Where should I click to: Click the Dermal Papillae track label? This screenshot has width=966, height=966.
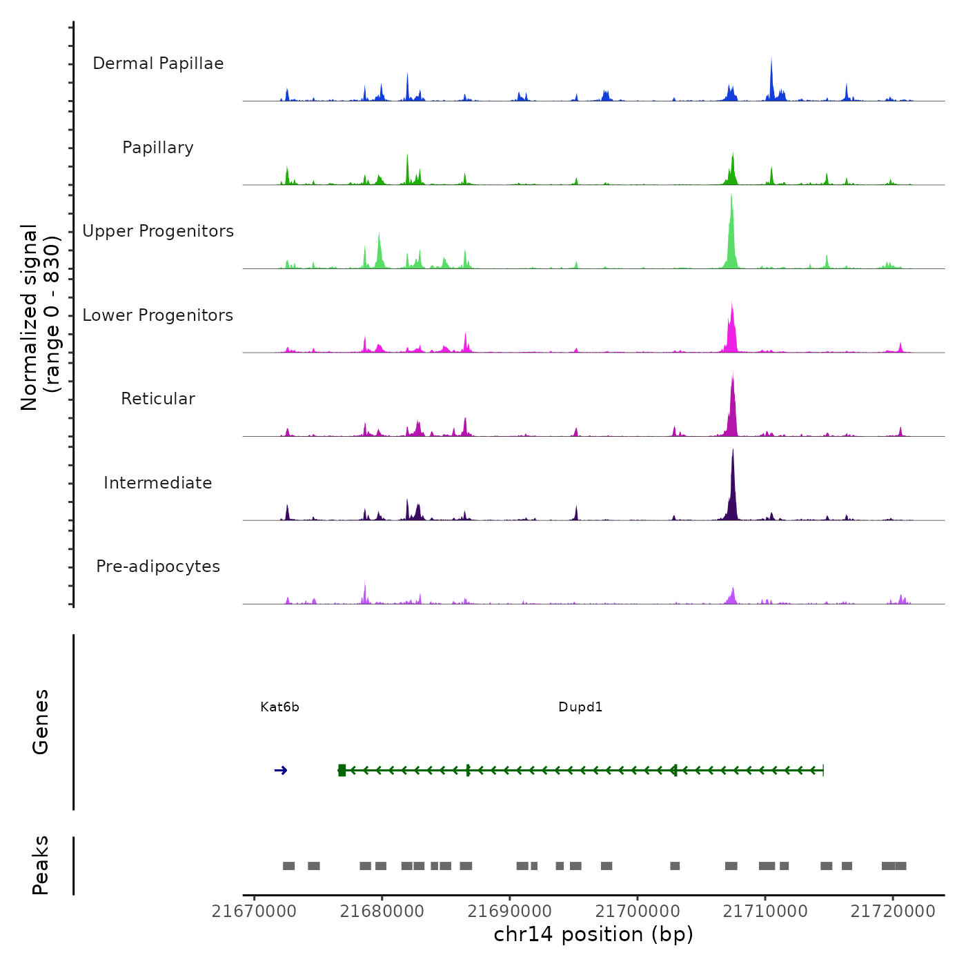pyautogui.click(x=158, y=63)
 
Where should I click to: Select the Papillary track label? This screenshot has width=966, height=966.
pyautogui.click(x=158, y=148)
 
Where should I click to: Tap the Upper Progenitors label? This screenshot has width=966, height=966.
pyautogui.click(x=158, y=231)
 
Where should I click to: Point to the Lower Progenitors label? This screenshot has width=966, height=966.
pyautogui.click(x=158, y=315)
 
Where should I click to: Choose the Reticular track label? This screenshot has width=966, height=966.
pyautogui.click(x=158, y=399)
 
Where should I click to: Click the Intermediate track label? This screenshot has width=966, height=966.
pyautogui.click(x=158, y=483)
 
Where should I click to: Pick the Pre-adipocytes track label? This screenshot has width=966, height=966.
pyautogui.click(x=158, y=566)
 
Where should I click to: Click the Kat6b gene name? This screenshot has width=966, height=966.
pyautogui.click(x=279, y=707)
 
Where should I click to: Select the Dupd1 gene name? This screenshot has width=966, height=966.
pyautogui.click(x=580, y=707)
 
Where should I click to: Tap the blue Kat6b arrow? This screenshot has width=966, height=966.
pyautogui.click(x=281, y=770)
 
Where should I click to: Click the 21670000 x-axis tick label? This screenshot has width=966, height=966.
pyautogui.click(x=254, y=911)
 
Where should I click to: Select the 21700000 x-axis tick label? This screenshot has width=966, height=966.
pyautogui.click(x=638, y=911)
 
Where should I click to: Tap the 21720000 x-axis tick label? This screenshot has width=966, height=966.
pyautogui.click(x=893, y=911)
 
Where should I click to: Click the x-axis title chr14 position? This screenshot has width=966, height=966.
pyautogui.click(x=593, y=934)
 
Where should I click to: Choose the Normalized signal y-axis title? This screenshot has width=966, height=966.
pyautogui.click(x=40, y=317)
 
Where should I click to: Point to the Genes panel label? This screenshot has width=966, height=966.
pyautogui.click(x=40, y=722)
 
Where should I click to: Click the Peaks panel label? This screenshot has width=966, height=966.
pyautogui.click(x=40, y=865)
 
